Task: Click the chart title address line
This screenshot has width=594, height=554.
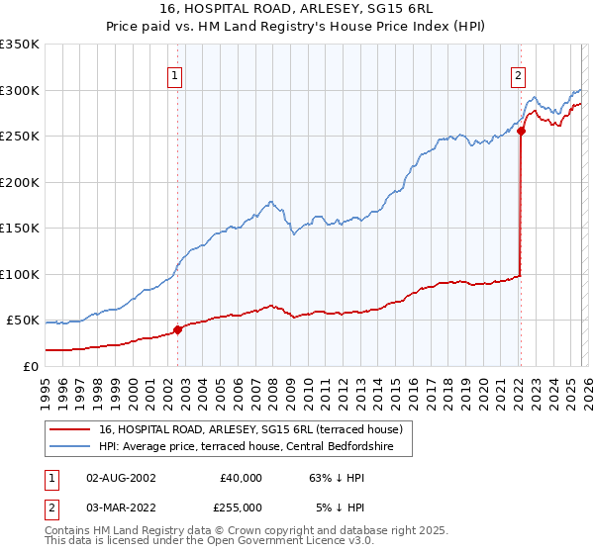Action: coord(296,9)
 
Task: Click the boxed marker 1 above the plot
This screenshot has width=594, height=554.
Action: coord(175,73)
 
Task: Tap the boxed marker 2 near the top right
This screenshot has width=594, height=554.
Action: coord(518,73)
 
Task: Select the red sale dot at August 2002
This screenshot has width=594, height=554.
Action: coord(178,329)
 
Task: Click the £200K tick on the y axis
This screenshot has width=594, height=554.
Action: coord(20,182)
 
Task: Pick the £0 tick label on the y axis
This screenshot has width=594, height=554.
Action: coord(30,366)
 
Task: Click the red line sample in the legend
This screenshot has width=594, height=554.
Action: coord(70,430)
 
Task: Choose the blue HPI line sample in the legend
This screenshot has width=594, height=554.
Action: coord(70,448)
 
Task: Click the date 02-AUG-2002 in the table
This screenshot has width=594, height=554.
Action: coord(121,478)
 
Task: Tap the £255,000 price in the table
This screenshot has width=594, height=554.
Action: coord(241,507)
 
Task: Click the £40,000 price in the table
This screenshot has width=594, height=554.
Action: coord(241,478)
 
